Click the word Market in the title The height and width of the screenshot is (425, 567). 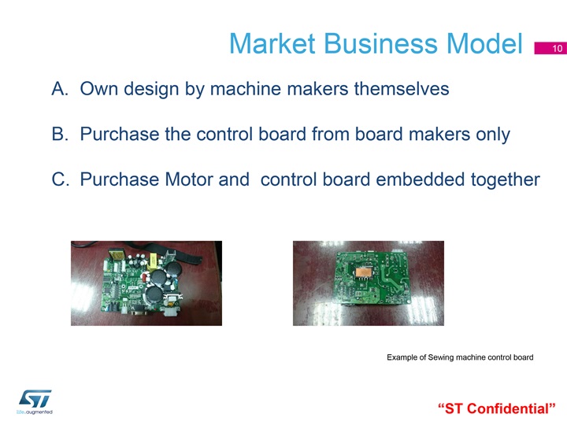click(272, 44)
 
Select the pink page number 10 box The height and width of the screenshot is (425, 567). click(550, 48)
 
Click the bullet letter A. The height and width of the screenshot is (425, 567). click(60, 88)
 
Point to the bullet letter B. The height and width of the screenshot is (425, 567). click(60, 134)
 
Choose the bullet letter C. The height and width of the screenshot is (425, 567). click(60, 179)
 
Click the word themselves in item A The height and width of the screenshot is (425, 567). click(402, 88)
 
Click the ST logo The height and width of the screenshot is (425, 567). click(35, 398)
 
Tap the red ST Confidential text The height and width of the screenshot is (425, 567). click(496, 408)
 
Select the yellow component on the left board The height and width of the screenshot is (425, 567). click(153, 261)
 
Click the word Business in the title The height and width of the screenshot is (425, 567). click(381, 44)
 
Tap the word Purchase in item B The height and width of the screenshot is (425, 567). click(120, 134)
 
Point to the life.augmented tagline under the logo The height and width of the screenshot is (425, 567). click(35, 412)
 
